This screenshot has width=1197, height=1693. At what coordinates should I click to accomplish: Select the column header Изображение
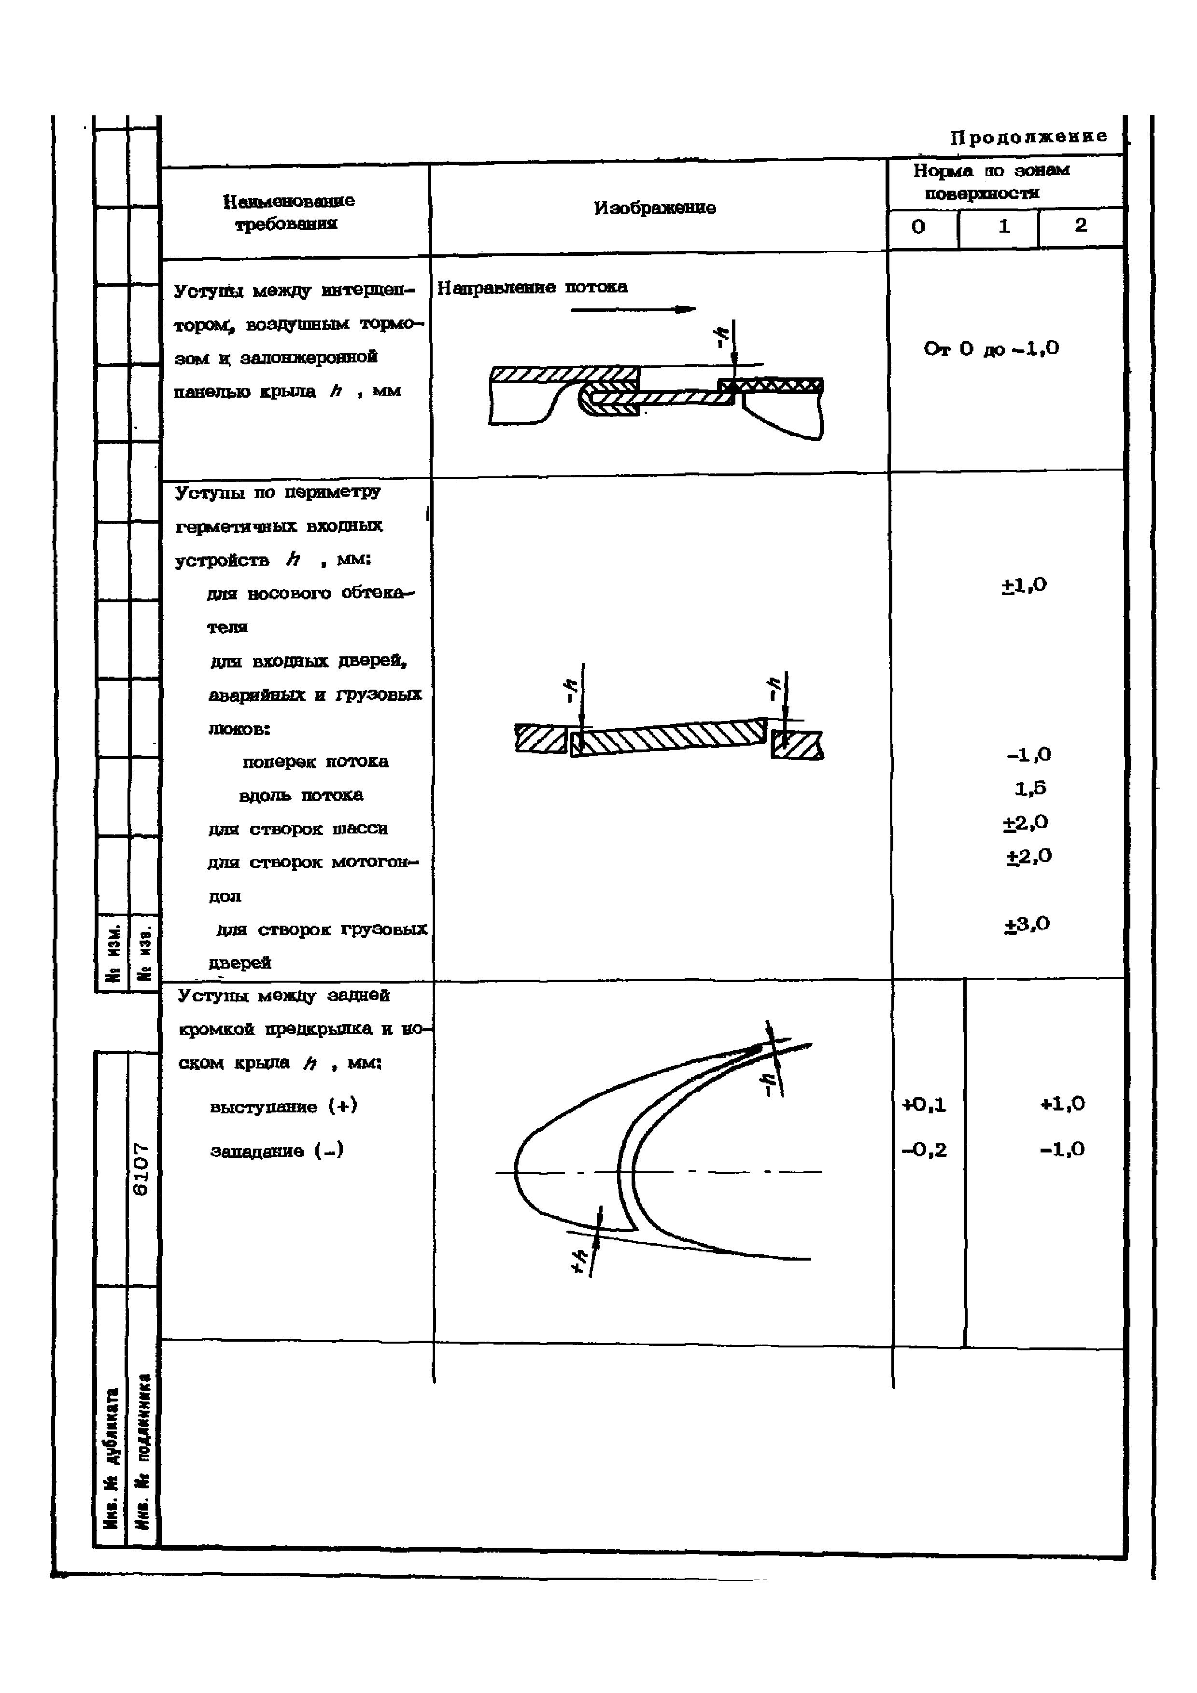coord(654,208)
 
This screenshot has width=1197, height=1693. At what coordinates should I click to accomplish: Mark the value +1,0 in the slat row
coord(1062,1104)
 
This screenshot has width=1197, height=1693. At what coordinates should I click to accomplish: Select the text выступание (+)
coord(283,1106)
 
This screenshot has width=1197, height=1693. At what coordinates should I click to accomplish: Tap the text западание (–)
coord(277,1150)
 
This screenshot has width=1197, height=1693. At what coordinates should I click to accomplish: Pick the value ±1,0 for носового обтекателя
coord(1024,585)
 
